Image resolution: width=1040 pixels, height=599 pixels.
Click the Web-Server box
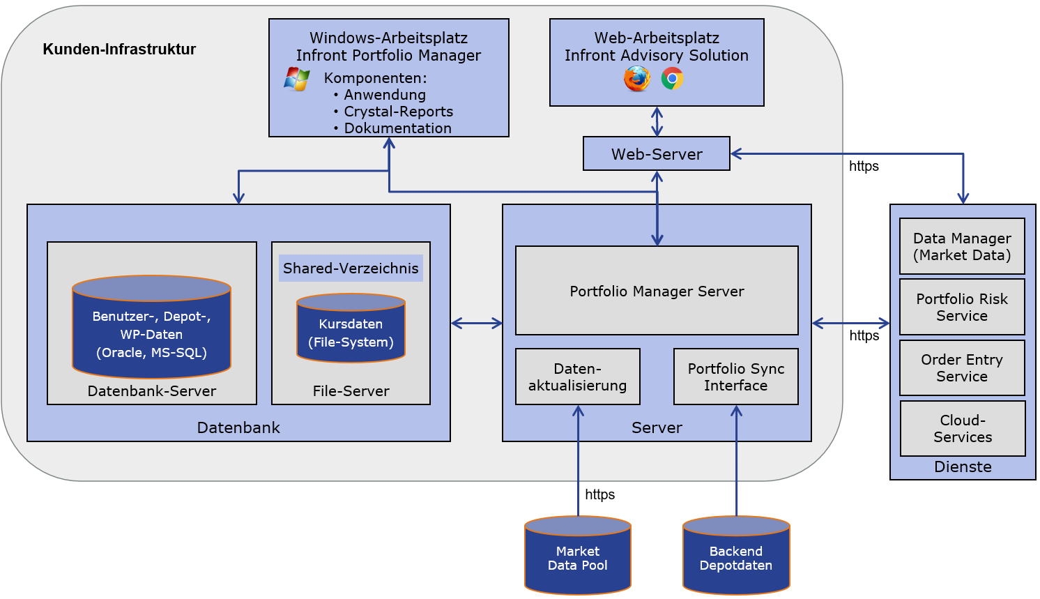pos(656,153)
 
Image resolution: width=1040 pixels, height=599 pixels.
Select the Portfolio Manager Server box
pos(656,291)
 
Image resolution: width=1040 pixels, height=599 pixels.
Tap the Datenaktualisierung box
pos(577,377)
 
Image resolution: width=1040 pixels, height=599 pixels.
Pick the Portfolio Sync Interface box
pos(735,377)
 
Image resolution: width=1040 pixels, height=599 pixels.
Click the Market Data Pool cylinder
pos(577,556)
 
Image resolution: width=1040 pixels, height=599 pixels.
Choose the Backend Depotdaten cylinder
pos(735,556)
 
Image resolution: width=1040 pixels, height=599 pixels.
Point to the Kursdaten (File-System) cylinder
pos(351,329)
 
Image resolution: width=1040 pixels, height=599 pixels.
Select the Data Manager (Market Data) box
pos(962,246)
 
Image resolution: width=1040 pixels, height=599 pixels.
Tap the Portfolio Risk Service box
pos(962,307)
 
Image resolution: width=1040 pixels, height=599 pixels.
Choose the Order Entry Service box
pos(962,367)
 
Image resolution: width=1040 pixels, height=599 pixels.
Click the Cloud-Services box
pos(963,428)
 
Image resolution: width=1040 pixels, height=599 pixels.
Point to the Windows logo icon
pos(297,79)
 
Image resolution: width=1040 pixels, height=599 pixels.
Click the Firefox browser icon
pos(636,78)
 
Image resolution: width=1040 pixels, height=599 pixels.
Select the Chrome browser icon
pos(672,78)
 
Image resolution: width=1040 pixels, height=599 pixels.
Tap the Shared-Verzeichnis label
pos(351,268)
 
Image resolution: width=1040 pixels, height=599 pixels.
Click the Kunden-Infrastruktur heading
pos(119,49)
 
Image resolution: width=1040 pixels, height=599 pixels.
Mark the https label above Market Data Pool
pos(599,494)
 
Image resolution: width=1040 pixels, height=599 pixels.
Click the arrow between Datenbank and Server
pos(476,323)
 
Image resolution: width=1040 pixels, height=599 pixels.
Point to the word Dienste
pos(963,467)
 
